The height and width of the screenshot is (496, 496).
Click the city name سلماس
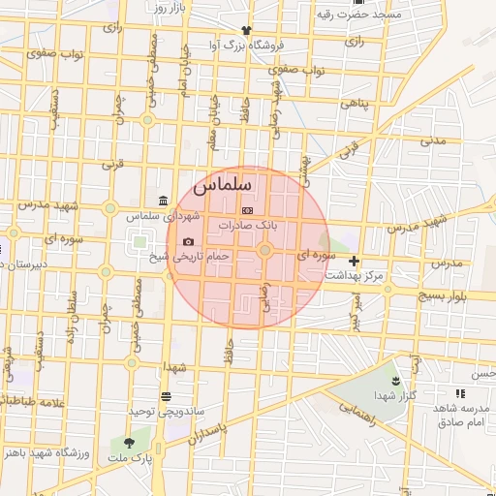(223, 182)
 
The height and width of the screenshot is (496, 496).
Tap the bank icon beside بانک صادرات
(246, 210)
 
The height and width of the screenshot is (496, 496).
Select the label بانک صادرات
(247, 224)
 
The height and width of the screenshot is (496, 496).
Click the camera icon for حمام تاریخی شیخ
(188, 241)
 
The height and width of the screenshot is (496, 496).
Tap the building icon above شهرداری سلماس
(161, 201)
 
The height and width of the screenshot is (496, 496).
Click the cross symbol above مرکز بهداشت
(355, 261)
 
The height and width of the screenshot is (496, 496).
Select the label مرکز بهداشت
(354, 275)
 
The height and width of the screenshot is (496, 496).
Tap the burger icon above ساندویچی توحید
(166, 395)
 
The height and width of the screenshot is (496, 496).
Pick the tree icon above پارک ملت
(131, 442)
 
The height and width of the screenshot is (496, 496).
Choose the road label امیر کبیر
(356, 311)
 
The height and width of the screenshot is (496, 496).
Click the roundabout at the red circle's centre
(264, 251)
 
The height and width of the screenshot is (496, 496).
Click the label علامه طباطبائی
(37, 399)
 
